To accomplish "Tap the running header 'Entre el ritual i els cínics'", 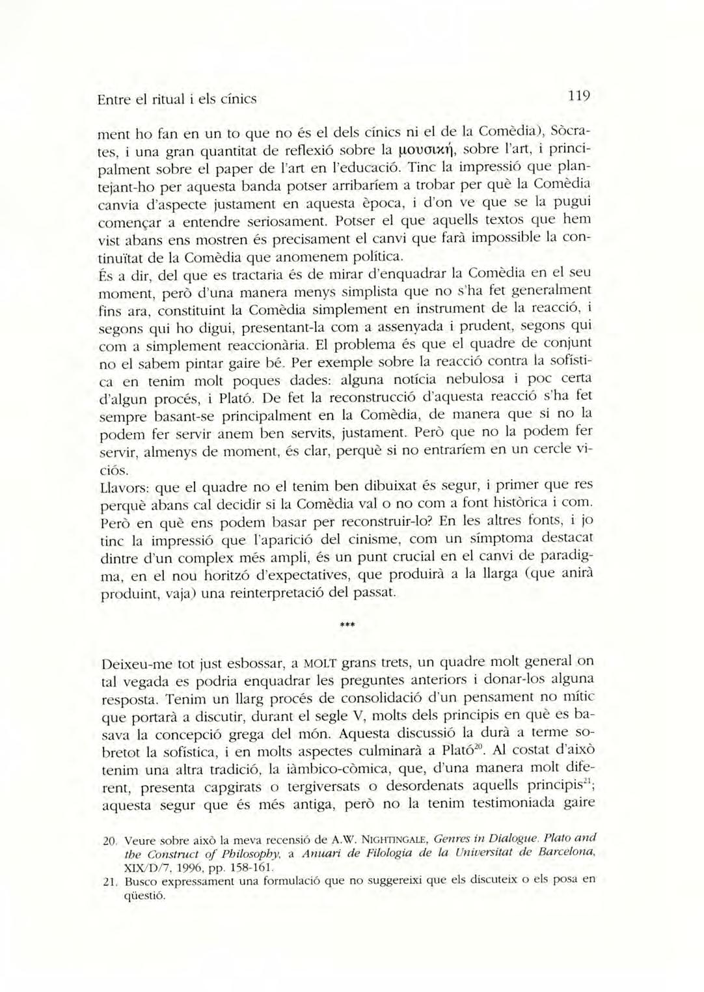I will [x=176, y=100].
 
